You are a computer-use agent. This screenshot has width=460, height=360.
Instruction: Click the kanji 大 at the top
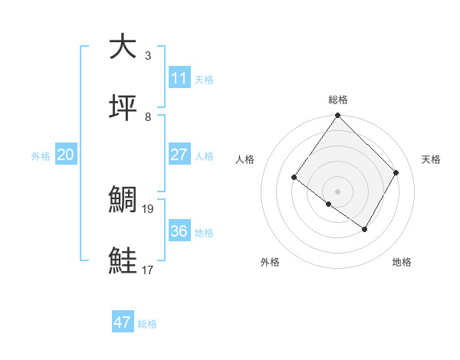click(x=123, y=47)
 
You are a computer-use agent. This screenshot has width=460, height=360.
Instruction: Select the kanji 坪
click(x=123, y=108)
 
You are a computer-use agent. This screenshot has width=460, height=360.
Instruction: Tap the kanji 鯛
click(x=123, y=199)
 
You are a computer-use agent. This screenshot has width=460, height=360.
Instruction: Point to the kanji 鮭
click(x=123, y=260)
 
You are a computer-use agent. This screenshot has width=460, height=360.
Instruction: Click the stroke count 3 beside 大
click(x=148, y=56)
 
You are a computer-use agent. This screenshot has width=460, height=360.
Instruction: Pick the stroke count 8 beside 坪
click(x=148, y=117)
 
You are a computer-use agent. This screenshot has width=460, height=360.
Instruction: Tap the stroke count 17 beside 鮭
click(x=148, y=270)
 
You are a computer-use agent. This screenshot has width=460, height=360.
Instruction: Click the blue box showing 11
click(x=179, y=78)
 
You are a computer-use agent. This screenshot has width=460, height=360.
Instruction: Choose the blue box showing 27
click(x=179, y=154)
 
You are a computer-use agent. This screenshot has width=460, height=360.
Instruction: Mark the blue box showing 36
click(x=179, y=231)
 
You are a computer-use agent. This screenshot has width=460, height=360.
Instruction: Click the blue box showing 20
click(x=66, y=154)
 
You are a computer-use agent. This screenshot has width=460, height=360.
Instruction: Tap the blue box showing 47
click(x=123, y=322)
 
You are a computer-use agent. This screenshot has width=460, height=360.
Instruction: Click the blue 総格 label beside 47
click(x=147, y=324)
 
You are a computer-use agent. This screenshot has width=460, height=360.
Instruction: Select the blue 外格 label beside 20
click(x=41, y=155)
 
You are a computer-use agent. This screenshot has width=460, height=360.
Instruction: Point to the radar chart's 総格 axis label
click(x=338, y=100)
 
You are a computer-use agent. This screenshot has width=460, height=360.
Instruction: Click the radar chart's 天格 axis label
click(x=432, y=159)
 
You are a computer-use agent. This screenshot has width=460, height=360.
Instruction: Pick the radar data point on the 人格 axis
click(x=294, y=178)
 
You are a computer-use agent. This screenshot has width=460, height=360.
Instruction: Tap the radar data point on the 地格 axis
click(x=365, y=229)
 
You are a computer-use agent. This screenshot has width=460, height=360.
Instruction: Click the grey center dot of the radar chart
click(x=338, y=191)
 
